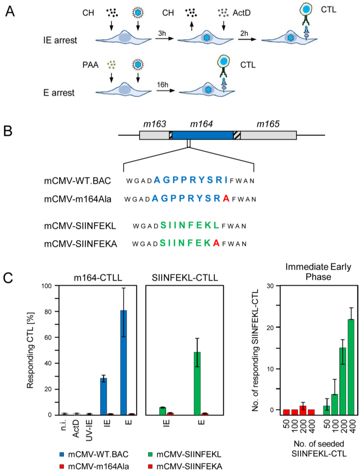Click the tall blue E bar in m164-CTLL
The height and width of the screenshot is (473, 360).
[123, 362]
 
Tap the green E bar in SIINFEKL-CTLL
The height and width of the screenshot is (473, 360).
[197, 383]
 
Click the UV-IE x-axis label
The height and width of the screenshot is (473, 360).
[89, 430]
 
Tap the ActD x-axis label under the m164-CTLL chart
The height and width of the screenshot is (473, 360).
[76, 428]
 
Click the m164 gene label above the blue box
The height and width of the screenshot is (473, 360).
[201, 124]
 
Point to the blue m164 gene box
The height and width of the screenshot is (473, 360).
[202, 135]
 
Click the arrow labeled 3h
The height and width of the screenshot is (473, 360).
[164, 38]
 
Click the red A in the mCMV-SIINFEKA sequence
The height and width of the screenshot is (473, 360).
[216, 243]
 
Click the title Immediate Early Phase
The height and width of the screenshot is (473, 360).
[318, 271]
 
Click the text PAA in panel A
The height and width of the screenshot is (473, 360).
[90, 65]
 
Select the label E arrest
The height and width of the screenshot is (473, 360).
[59, 93]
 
